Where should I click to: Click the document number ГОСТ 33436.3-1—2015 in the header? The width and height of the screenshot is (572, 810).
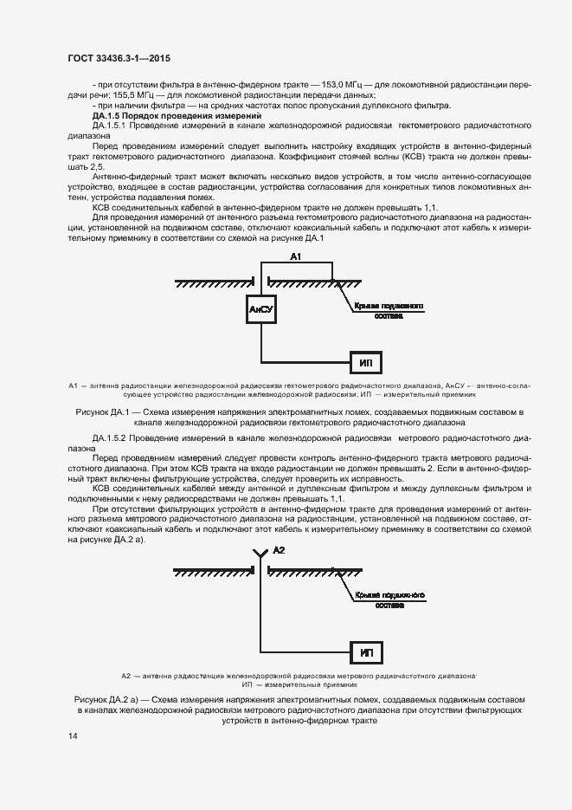coord(119,58)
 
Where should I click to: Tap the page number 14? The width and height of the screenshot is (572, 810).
coord(73,736)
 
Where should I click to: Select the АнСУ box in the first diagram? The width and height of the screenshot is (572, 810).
coord(260,309)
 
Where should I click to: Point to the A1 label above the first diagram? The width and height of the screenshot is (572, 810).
coord(295,257)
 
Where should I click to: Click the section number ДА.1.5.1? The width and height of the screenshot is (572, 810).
coord(109,126)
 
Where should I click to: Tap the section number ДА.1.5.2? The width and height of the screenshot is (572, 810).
coord(109,440)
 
